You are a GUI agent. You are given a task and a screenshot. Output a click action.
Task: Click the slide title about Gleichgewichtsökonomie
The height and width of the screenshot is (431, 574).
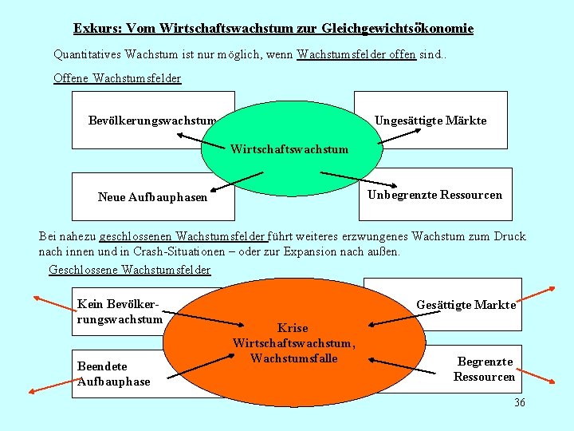point(273,29)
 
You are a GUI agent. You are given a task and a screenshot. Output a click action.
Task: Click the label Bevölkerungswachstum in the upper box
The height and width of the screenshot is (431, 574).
point(152,121)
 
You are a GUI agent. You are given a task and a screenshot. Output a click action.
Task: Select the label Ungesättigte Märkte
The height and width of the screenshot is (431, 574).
point(431,121)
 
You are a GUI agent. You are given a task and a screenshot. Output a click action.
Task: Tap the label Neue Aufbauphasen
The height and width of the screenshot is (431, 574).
point(152,196)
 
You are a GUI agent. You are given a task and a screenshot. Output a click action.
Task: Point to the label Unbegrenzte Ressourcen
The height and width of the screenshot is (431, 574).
point(434,195)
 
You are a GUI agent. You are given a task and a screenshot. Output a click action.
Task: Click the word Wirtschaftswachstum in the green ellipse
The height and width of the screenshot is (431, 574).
point(289,149)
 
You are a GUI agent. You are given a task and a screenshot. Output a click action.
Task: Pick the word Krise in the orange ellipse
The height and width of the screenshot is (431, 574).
point(292,327)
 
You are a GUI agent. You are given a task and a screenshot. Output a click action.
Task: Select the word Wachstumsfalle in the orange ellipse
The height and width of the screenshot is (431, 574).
point(293,358)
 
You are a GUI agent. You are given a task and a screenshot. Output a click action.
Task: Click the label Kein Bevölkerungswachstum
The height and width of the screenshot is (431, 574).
point(120,311)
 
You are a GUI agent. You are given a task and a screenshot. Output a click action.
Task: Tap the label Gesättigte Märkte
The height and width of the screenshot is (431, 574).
point(466,304)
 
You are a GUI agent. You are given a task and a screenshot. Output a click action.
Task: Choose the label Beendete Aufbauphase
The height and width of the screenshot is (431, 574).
point(113,374)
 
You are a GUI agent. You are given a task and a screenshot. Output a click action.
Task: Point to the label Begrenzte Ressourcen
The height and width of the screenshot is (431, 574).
point(485,369)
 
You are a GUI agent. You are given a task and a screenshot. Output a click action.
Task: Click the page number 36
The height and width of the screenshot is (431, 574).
point(520,402)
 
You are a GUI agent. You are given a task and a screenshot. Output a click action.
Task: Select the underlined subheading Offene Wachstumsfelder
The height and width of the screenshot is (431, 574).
point(117,78)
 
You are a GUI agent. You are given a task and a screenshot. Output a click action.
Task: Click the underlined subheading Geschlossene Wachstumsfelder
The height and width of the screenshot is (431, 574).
point(130,270)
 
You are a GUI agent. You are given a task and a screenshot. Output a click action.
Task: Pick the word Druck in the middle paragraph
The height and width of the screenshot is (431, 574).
point(509,236)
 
